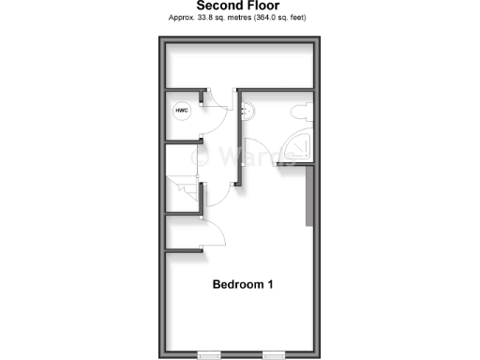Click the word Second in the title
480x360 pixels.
(x=218, y=6)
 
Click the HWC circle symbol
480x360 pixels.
(x=181, y=112)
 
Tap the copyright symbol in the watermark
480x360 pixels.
(x=199, y=157)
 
